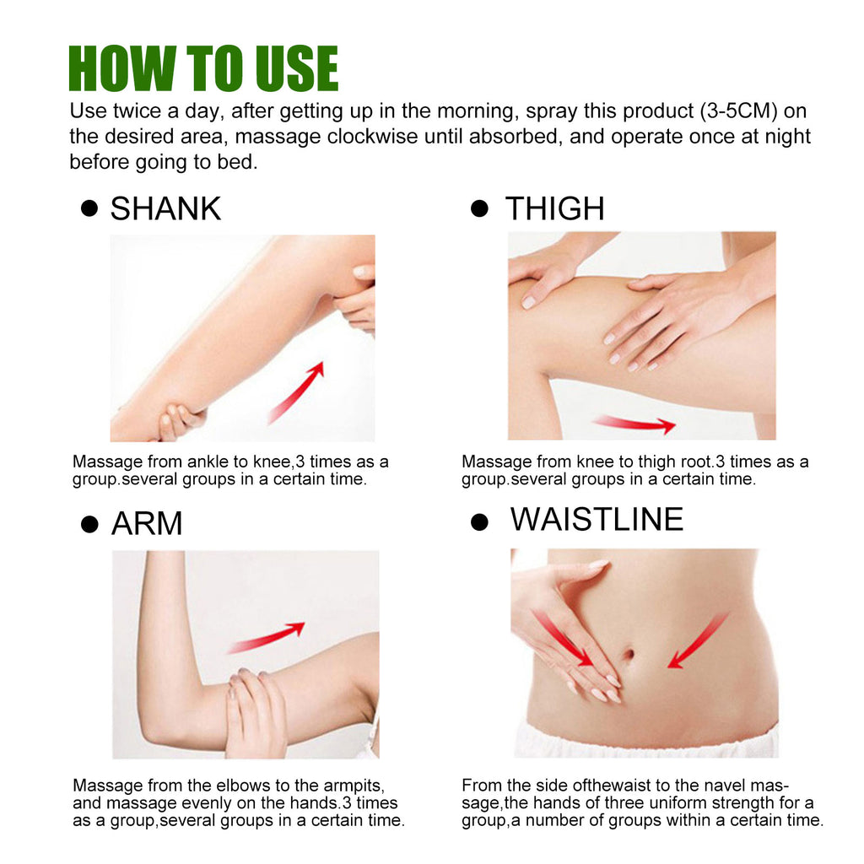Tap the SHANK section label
click(165, 208)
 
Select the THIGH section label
click(554, 208)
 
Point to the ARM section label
click(147, 524)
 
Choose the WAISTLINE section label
click(597, 519)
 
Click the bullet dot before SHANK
click(89, 208)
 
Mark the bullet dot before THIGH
click(479, 208)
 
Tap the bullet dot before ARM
click(89, 524)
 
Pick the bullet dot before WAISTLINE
click(479, 521)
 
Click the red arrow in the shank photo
click(296, 392)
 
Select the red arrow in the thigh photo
click(634, 424)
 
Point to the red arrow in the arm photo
click(267, 637)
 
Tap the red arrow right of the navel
click(697, 641)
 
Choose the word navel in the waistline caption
click(738, 784)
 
